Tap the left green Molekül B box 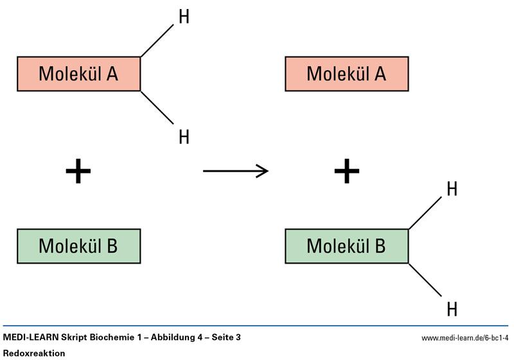[78, 246]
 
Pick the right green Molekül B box [346, 246]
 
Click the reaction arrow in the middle [235, 170]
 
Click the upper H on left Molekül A [184, 17]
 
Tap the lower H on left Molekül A [184, 136]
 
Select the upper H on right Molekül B [452, 189]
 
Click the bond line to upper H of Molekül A [157, 41]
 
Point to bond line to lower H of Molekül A [157, 106]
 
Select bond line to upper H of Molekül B [425, 213]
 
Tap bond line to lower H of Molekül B [425, 278]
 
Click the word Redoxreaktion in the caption [34, 353]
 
